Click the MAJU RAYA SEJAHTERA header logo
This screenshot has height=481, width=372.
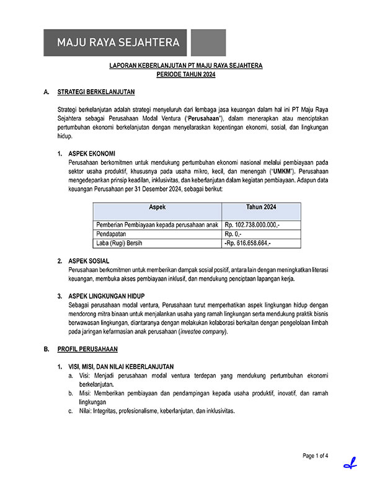point(118,43)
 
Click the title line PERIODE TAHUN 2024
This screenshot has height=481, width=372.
point(186,74)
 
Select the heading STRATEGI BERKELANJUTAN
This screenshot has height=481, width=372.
point(96,92)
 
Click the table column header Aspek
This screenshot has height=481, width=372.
point(157,206)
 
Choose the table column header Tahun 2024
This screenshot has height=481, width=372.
point(261,206)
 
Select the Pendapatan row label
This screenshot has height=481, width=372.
point(112,234)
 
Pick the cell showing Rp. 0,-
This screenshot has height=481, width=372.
point(235,234)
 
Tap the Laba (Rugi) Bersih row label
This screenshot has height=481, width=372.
point(119,244)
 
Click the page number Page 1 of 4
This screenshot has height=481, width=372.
point(316,456)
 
